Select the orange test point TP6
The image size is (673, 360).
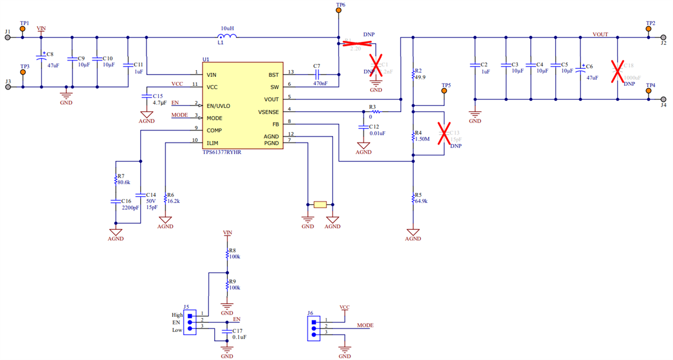[338, 11]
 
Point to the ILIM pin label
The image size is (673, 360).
[212, 143]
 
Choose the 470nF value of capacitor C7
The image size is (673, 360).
[321, 84]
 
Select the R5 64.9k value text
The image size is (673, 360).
[420, 201]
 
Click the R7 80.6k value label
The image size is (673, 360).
[123, 182]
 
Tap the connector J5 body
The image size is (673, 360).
[191, 323]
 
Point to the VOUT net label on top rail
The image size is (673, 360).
[600, 34]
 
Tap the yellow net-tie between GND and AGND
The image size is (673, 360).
[320, 205]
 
